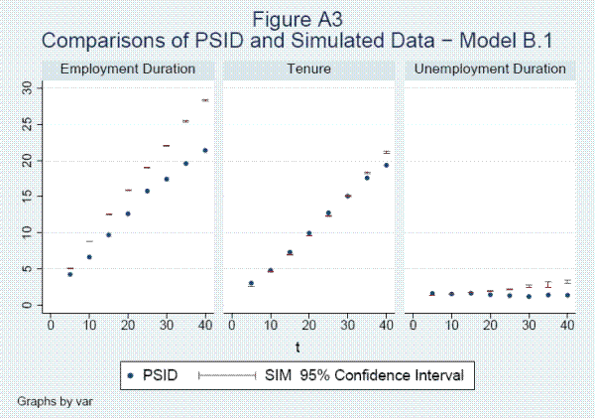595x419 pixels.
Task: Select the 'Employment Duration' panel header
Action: click(127, 70)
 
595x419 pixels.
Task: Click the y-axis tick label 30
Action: click(28, 87)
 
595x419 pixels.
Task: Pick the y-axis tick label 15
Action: click(28, 197)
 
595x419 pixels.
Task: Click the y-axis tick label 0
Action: click(28, 305)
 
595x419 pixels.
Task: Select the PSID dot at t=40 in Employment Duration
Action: click(205, 150)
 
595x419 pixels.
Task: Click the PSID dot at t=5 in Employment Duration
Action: click(69, 273)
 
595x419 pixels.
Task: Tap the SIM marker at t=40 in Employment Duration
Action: click(205, 100)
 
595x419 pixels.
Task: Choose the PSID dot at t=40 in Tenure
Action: click(387, 165)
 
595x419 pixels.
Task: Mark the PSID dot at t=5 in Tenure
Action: click(251, 283)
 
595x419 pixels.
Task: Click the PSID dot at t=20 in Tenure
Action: click(308, 233)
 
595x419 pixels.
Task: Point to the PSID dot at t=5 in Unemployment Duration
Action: click(432, 293)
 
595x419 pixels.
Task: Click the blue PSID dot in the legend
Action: click(130, 374)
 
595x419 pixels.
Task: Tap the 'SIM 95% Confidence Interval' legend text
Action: click(364, 374)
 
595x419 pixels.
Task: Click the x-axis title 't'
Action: click(297, 345)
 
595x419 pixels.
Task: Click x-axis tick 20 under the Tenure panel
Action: click(308, 324)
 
